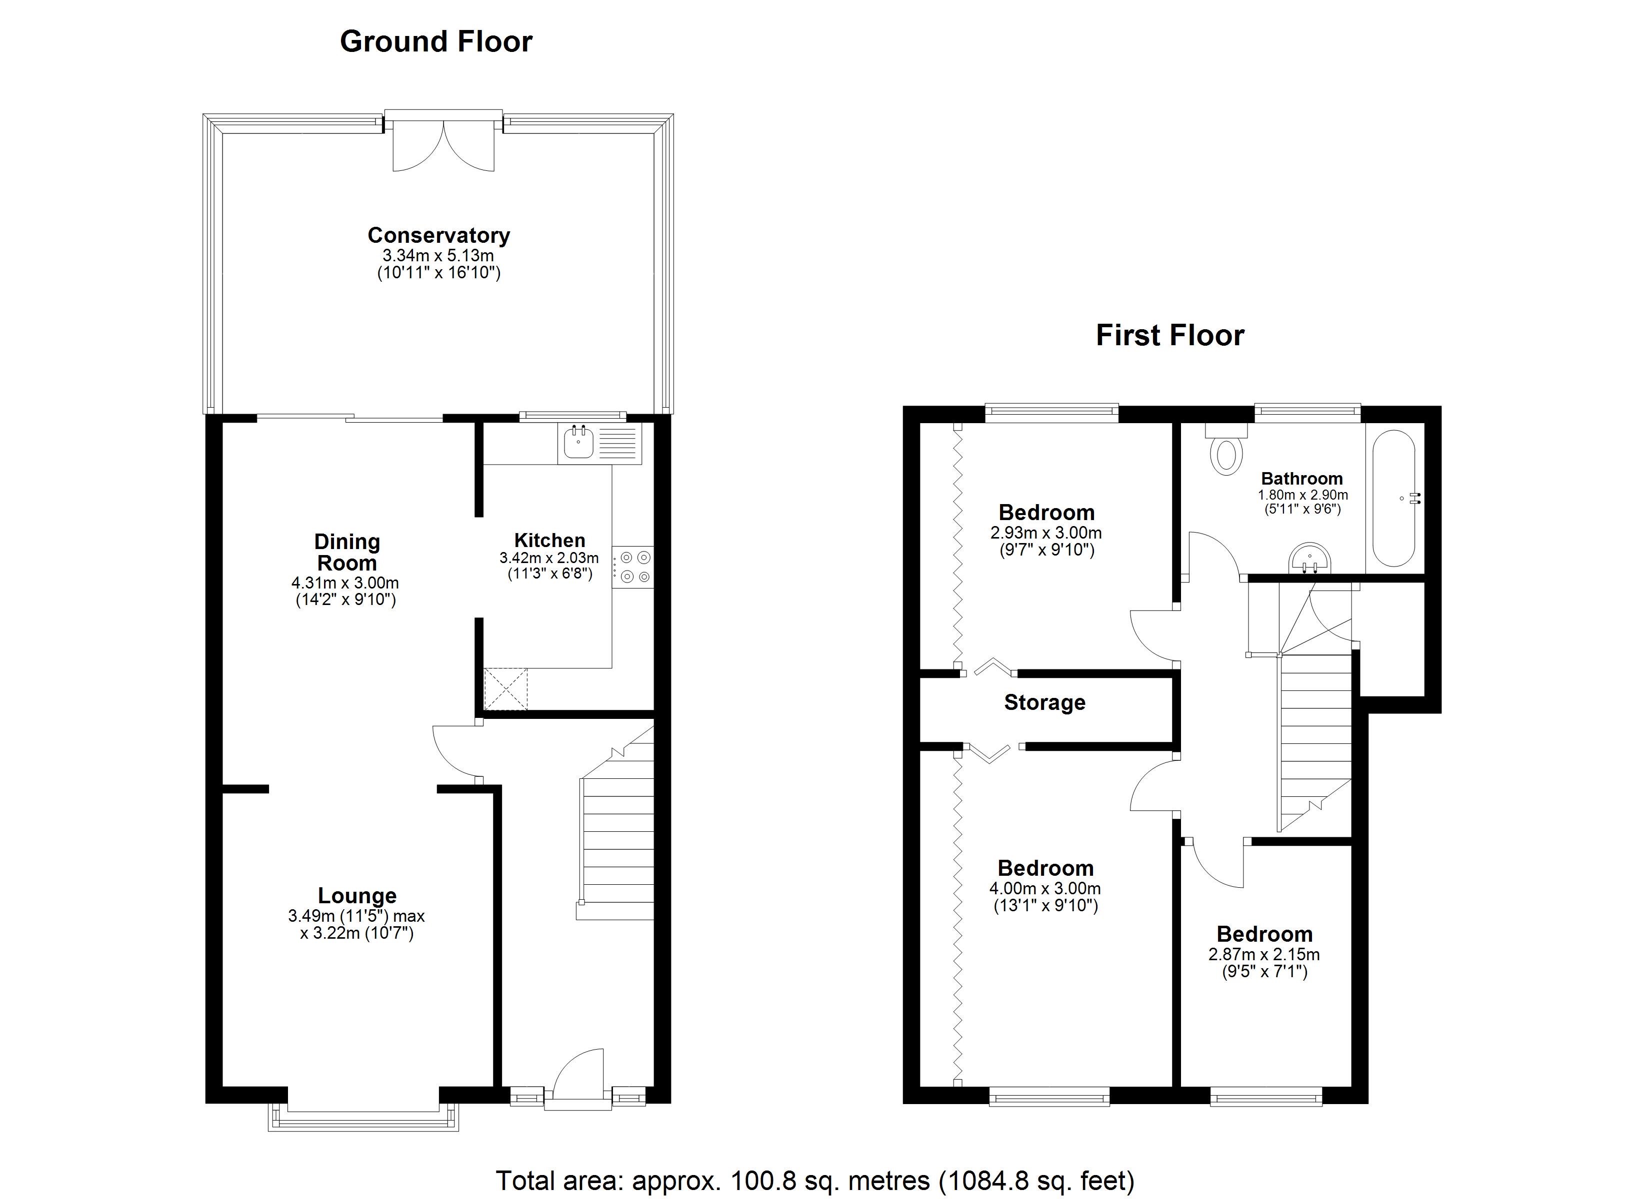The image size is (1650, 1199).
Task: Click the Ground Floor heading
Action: pos(436,41)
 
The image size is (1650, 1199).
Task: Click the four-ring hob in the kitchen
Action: pos(633,567)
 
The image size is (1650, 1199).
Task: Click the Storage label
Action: pos(1044,702)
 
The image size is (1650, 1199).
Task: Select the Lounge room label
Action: pos(356,896)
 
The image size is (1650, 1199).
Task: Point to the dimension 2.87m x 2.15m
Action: pos(1263,955)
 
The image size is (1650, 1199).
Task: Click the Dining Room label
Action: pos(346,552)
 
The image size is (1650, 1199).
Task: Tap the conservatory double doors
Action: pos(443,145)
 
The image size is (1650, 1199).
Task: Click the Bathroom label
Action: pos(1301,479)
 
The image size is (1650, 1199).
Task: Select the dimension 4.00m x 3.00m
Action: pos(1044,889)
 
